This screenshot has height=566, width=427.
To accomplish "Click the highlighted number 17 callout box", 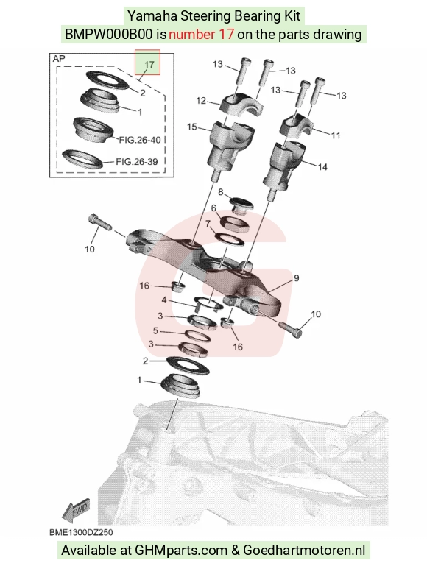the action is [x=147, y=62].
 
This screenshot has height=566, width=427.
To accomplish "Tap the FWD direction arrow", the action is [x=75, y=510].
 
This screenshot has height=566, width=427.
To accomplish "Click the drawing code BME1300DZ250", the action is [x=81, y=532].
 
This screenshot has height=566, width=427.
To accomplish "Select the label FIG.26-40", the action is [x=140, y=140].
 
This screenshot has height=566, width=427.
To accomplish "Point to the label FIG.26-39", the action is [x=137, y=161].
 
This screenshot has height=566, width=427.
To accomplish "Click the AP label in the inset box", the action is [x=59, y=58].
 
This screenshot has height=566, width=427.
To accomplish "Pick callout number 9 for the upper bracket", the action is [x=297, y=278].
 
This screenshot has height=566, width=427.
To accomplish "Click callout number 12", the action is [x=201, y=100].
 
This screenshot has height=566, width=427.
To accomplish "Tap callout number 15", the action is [x=192, y=127].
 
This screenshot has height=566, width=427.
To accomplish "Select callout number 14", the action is [x=322, y=167].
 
